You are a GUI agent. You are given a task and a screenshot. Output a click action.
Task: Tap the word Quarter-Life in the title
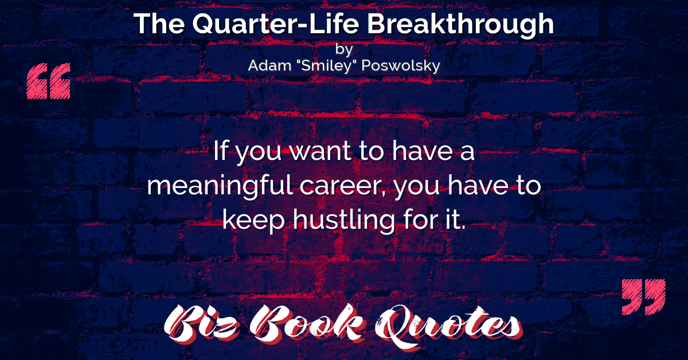(276, 24)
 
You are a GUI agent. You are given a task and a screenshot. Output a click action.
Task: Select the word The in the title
(159, 24)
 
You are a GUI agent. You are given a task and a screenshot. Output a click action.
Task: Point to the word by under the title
(344, 49)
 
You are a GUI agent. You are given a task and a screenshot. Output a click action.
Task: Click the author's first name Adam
(269, 65)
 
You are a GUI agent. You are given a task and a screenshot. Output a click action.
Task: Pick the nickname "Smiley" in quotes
(326, 66)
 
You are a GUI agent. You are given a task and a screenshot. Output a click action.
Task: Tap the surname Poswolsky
(401, 66)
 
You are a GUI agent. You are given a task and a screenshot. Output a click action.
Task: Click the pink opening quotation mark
(49, 81)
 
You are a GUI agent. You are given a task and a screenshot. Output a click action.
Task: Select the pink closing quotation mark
(644, 297)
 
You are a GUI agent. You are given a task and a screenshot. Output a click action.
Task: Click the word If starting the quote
(220, 150)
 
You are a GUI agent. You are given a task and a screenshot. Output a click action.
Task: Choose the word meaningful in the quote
(220, 186)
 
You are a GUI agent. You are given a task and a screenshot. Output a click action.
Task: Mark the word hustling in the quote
(343, 220)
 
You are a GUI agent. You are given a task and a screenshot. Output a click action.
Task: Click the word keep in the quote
(253, 221)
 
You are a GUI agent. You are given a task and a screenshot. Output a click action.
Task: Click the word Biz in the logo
(201, 323)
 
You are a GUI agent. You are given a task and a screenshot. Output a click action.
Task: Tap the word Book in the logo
(307, 323)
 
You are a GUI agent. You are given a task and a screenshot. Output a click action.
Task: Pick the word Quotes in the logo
(448, 326)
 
